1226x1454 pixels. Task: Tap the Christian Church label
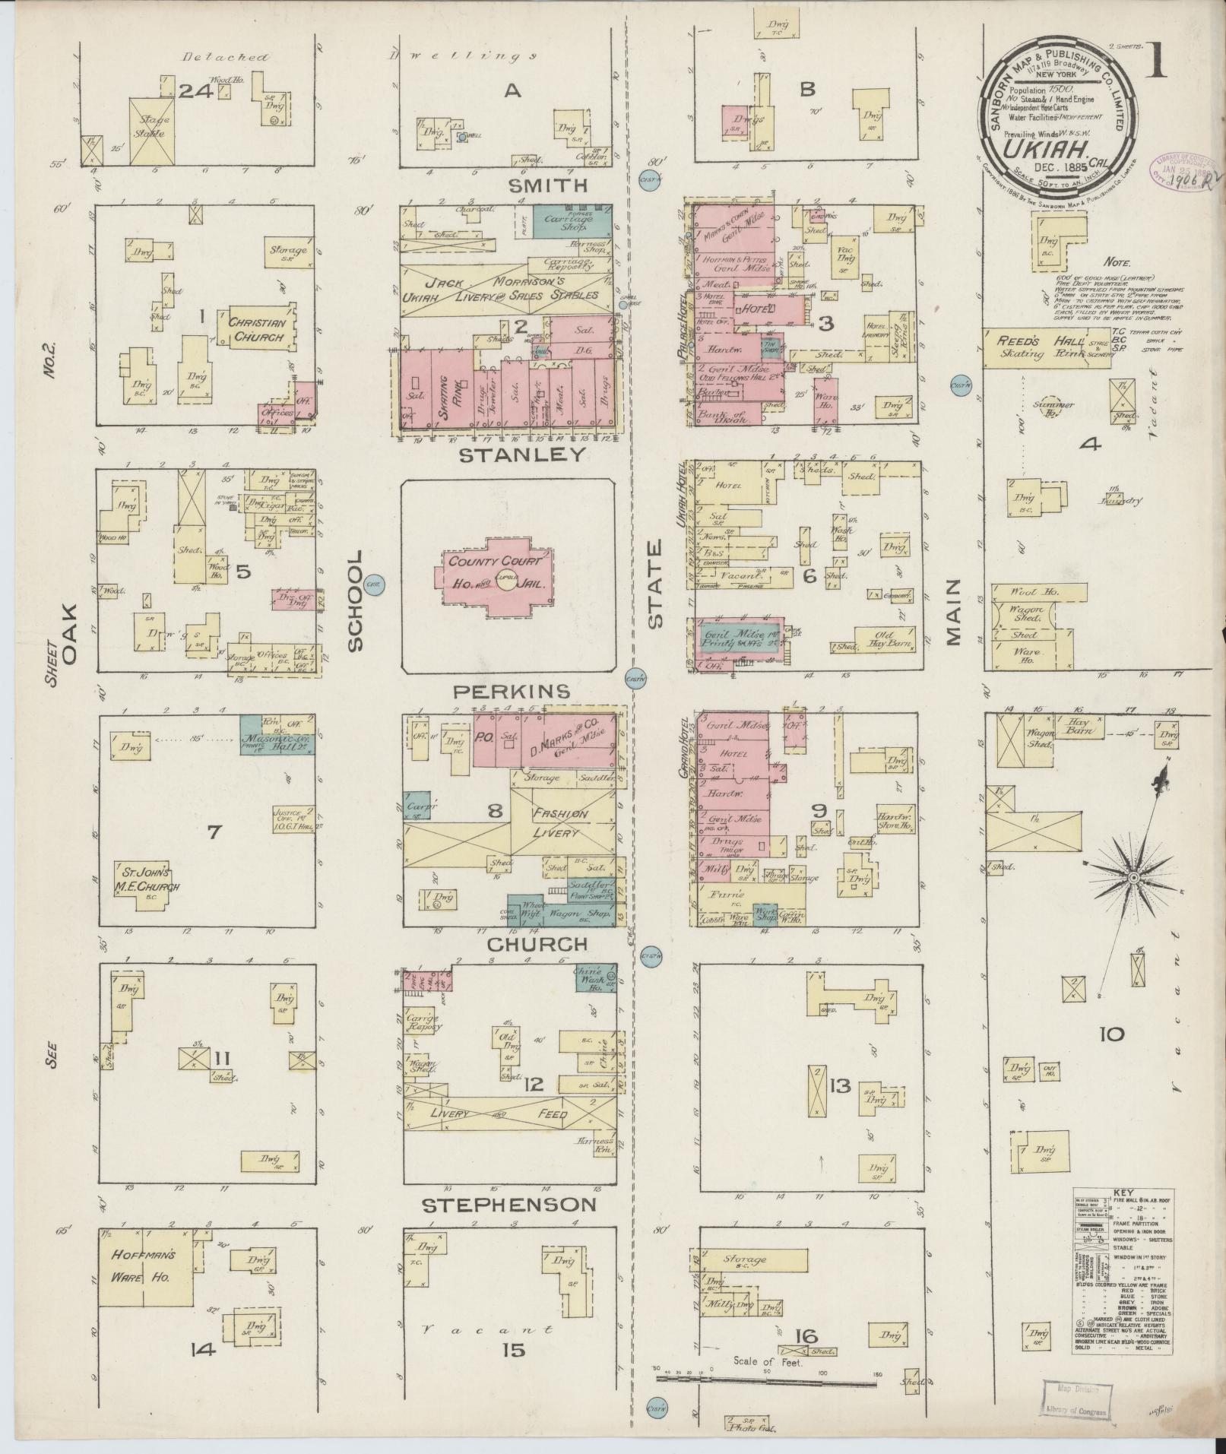click(x=256, y=329)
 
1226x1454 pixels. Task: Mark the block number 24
click(x=195, y=91)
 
